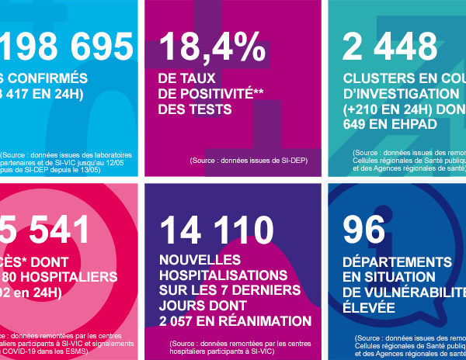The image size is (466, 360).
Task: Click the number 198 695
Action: click(x=66, y=48)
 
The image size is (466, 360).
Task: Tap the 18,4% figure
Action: click(x=211, y=48)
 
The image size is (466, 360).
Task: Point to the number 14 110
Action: click(x=217, y=230)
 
